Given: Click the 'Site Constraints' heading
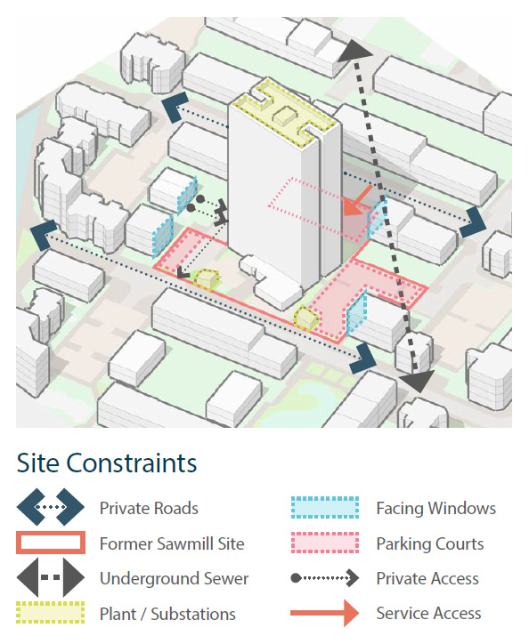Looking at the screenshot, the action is [x=107, y=463].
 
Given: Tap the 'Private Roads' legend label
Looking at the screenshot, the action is [x=149, y=508].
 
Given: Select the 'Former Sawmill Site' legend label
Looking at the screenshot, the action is [x=172, y=543].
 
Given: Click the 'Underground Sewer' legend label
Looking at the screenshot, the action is [x=174, y=579].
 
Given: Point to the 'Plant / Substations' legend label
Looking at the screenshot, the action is [x=167, y=614].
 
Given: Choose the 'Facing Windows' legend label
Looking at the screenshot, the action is [x=436, y=508].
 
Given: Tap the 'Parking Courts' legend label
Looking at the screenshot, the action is [x=430, y=543].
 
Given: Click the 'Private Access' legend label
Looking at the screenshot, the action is [x=427, y=579].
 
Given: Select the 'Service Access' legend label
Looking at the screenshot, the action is [x=428, y=613].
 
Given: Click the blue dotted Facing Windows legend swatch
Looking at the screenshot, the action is [x=325, y=508].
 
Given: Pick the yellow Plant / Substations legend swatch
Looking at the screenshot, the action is [x=51, y=613].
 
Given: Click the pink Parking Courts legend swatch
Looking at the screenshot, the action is [x=325, y=543].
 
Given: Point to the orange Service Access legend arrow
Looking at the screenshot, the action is [x=324, y=613].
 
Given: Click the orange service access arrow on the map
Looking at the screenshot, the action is [x=357, y=201].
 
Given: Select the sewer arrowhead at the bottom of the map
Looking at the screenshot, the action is [x=418, y=381].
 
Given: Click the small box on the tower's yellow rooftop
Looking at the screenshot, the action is [x=285, y=116].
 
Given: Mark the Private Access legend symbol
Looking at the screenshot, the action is [x=324, y=578].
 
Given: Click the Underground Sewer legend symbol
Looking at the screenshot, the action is [x=51, y=577].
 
